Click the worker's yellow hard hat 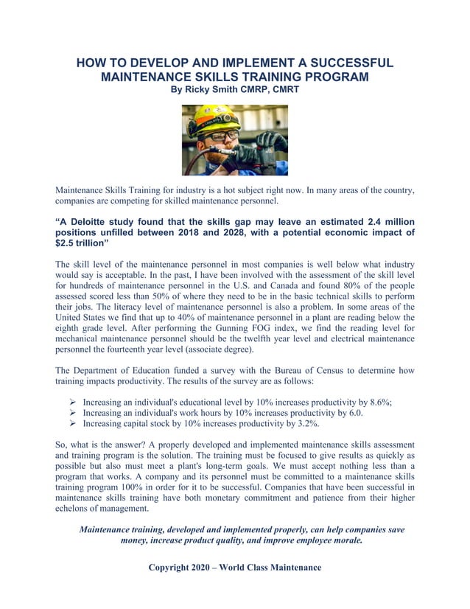click(211, 118)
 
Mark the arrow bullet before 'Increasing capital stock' click(73, 424)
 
